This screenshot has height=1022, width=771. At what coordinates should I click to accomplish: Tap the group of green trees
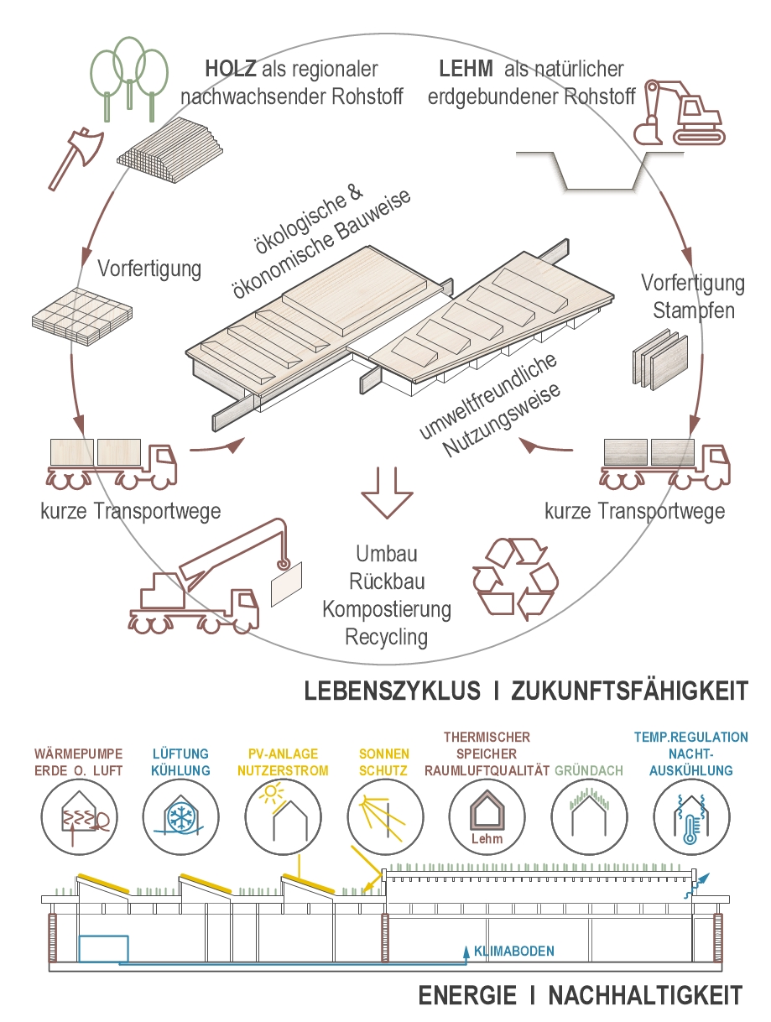click(128, 71)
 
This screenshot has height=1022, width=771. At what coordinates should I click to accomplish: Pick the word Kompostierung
click(387, 608)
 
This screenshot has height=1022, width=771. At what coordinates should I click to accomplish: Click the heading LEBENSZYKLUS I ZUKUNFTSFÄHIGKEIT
click(525, 691)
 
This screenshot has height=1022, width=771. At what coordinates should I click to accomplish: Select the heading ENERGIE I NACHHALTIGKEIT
click(581, 996)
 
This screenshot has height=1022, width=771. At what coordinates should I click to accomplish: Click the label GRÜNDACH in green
click(587, 769)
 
